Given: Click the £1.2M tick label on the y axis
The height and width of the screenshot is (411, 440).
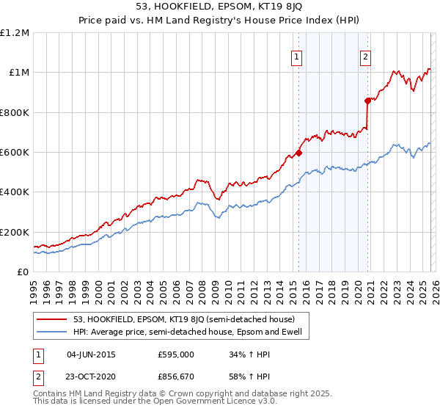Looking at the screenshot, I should (15, 33).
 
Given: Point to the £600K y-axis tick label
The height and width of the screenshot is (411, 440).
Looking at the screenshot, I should (15, 153).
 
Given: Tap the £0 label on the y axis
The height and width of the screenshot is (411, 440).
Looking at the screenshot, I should (23, 272).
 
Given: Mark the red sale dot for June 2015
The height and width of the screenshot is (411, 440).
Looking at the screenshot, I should (298, 153).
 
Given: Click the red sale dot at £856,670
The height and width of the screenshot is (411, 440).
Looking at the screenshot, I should (367, 101).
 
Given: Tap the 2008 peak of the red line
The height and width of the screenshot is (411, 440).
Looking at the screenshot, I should (198, 179).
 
